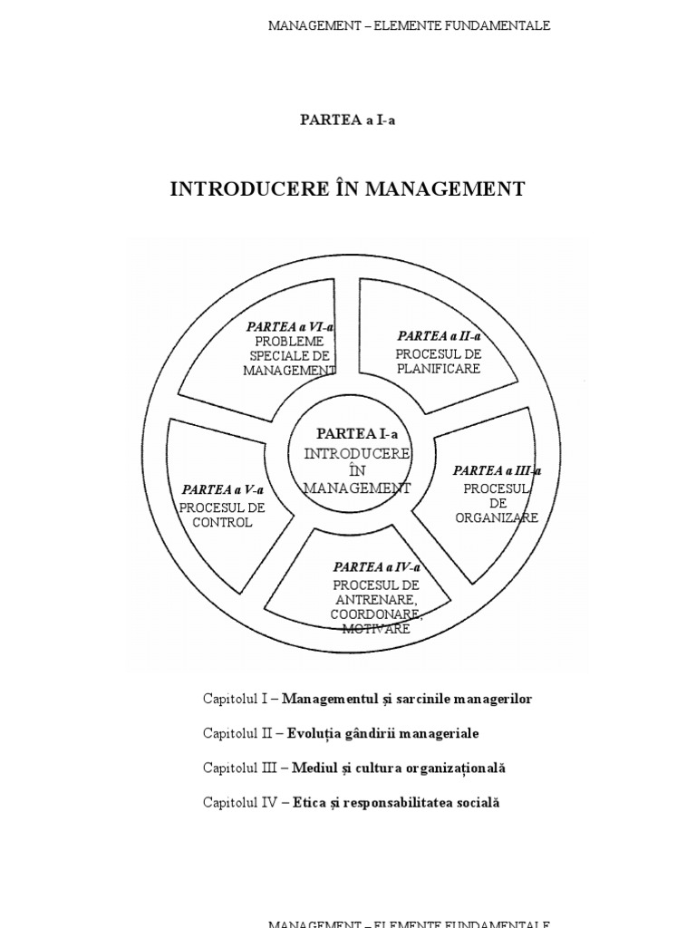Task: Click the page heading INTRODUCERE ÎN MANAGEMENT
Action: [x=348, y=189]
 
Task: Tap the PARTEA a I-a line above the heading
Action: [x=336, y=122]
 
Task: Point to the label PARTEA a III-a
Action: [x=497, y=470]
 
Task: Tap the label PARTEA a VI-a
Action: [x=289, y=325]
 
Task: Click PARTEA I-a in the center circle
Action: [x=357, y=434]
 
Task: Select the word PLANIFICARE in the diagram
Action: [x=439, y=369]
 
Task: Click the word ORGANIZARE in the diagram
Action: [x=497, y=518]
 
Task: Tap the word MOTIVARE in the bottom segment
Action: [x=376, y=629]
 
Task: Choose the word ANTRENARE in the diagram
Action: [x=374, y=600]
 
